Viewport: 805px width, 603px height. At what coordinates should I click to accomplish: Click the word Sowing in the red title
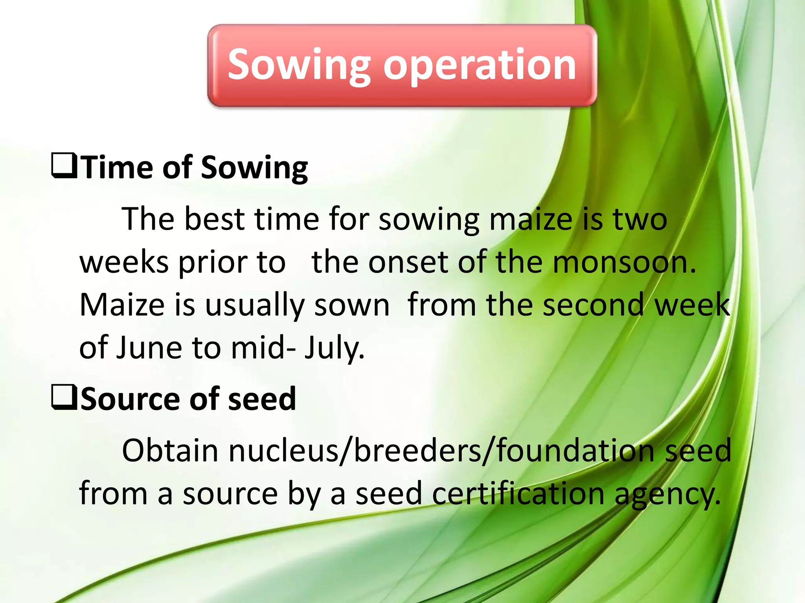(299, 65)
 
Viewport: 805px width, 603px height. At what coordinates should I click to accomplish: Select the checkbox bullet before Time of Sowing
(64, 166)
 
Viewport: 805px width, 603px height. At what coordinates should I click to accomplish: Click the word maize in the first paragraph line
(531, 219)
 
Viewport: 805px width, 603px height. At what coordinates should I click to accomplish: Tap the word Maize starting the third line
(122, 305)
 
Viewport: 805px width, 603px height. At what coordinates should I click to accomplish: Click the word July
(334, 348)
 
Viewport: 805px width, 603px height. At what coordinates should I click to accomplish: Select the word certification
(518, 493)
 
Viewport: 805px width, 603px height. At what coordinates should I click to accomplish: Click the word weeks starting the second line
(124, 262)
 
